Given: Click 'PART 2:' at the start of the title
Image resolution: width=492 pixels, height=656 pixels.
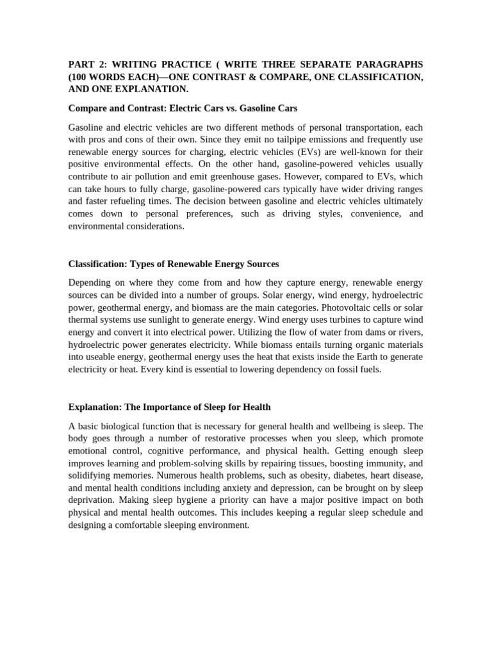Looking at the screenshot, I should (86, 65).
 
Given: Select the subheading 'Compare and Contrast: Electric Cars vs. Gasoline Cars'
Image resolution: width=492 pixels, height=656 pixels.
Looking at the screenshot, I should (183, 108).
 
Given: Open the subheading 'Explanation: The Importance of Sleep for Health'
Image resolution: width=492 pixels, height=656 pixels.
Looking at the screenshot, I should (169, 407).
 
